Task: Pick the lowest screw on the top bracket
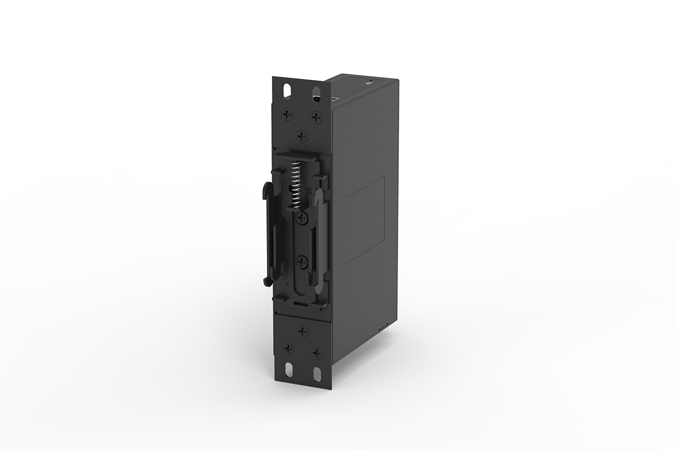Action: (x=302, y=135)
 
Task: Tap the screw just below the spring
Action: (x=302, y=218)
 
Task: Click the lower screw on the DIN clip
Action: (x=302, y=260)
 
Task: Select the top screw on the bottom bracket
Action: (x=303, y=331)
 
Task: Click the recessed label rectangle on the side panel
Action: (x=365, y=219)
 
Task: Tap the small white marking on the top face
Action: (x=367, y=82)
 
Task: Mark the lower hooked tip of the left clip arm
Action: (x=265, y=280)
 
